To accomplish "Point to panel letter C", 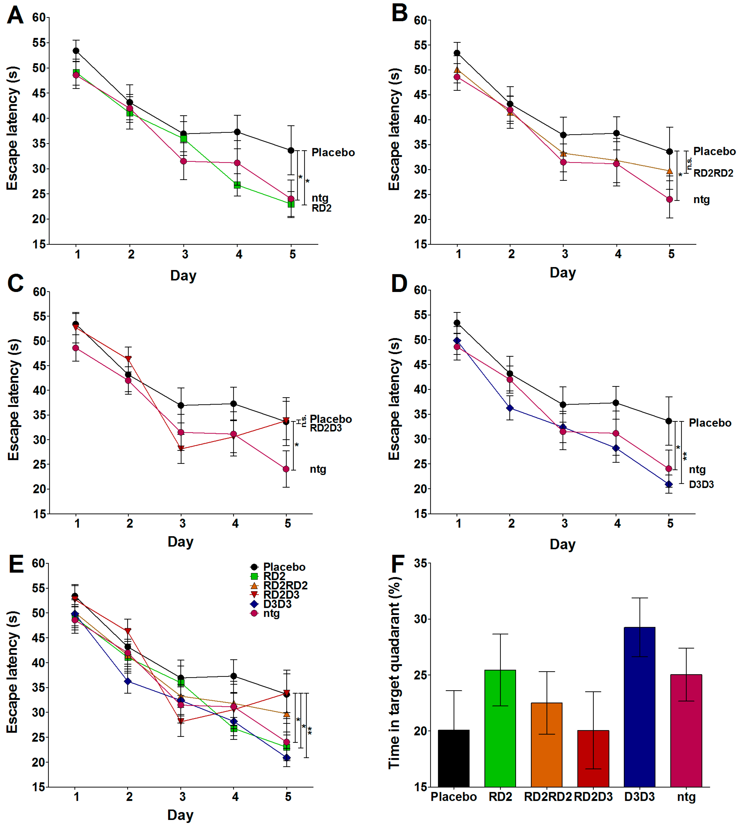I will tap(15, 283).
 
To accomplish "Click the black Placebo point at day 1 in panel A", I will tap(76, 51).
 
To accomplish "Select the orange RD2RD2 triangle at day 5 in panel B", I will tap(669, 171).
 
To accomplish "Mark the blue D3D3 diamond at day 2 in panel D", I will tap(510, 408).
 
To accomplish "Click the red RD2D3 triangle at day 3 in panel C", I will tap(181, 449).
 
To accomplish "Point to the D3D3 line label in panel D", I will tap(701, 484).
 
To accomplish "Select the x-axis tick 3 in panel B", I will tap(565, 254).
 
